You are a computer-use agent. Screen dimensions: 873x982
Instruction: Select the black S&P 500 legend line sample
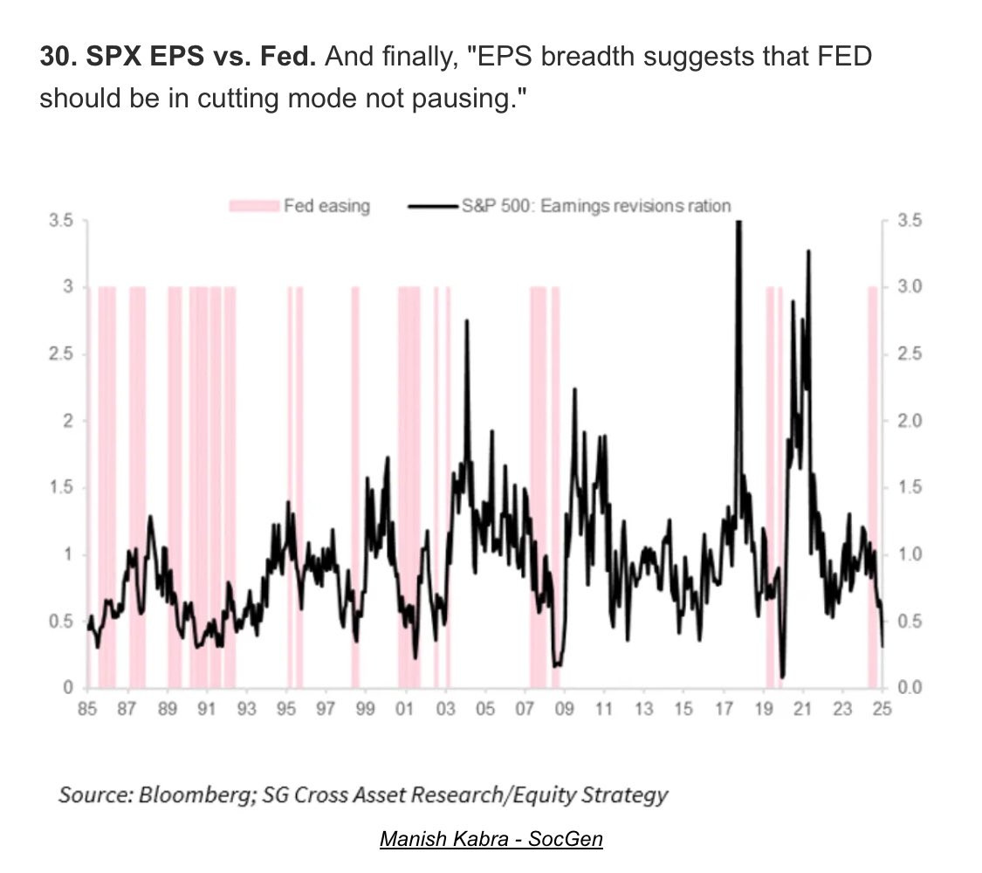pyautogui.click(x=434, y=207)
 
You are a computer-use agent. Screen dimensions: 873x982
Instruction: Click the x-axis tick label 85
pyautogui.click(x=86, y=709)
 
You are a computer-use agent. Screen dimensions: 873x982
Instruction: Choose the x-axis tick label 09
pyautogui.click(x=564, y=709)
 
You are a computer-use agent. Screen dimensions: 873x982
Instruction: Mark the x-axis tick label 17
pyautogui.click(x=723, y=709)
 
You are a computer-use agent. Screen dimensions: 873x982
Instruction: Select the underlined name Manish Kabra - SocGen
pyautogui.click(x=491, y=840)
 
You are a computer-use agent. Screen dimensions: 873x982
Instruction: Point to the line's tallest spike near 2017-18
pyautogui.click(x=738, y=223)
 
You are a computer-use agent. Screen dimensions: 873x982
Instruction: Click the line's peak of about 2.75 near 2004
pyautogui.click(x=466, y=321)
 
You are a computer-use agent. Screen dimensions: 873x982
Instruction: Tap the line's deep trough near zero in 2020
pyautogui.click(x=782, y=676)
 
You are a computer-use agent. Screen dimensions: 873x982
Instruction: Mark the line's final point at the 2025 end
pyautogui.click(x=882, y=646)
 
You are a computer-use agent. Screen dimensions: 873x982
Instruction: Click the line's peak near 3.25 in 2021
pyautogui.click(x=808, y=251)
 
